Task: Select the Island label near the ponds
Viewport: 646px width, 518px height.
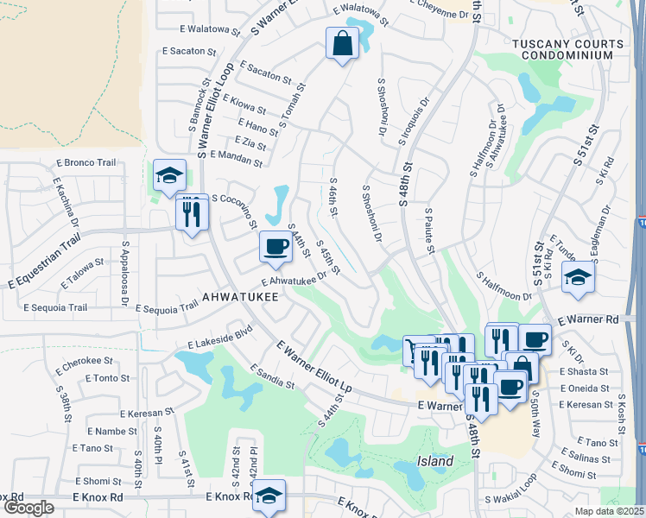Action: tap(435, 461)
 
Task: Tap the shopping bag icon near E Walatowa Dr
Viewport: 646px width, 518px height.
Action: tap(342, 42)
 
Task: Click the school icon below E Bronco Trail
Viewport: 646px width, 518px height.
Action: tap(169, 176)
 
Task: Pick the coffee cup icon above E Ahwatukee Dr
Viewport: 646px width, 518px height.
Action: tap(275, 247)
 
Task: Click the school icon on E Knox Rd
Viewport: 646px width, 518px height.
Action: tap(270, 495)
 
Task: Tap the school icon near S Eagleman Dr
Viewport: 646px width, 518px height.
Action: tap(578, 277)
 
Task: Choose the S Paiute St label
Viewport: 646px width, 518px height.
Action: tap(428, 230)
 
